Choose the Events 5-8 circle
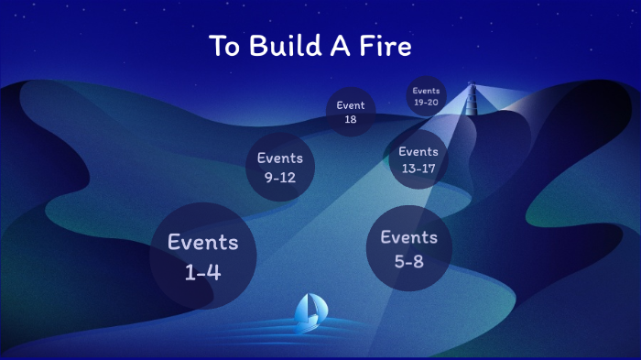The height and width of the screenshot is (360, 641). [x=409, y=248]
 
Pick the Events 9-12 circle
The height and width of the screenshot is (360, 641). [x=279, y=168]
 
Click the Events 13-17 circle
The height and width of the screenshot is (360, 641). [x=418, y=159]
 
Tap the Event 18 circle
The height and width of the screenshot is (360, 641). [x=351, y=113]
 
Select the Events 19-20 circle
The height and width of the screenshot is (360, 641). [x=427, y=96]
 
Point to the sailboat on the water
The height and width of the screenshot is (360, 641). [x=309, y=311]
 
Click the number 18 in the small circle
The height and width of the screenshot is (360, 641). [x=351, y=120]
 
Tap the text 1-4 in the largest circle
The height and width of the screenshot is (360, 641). [x=202, y=272]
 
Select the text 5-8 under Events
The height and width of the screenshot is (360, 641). [x=409, y=260]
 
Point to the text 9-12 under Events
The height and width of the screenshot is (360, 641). [x=279, y=178]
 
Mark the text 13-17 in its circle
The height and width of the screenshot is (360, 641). [x=418, y=169]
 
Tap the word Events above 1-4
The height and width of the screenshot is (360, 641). [x=202, y=243]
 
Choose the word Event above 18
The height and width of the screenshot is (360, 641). [x=351, y=105]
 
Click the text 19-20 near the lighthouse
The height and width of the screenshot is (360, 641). [x=427, y=102]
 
